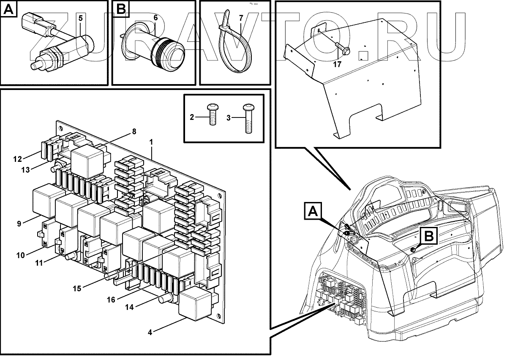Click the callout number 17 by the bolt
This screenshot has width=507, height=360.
pyautogui.click(x=337, y=65)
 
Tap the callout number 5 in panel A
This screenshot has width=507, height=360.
pyautogui.click(x=81, y=18)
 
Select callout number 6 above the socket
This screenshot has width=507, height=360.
pyautogui.click(x=155, y=18)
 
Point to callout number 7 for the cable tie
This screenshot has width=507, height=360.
pyautogui.click(x=241, y=18)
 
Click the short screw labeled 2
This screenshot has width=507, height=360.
pyautogui.click(x=213, y=115)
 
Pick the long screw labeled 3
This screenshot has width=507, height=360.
pyautogui.click(x=248, y=118)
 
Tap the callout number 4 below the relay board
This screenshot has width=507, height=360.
pyautogui.click(x=150, y=333)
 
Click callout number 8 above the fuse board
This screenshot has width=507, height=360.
pyautogui.click(x=134, y=131)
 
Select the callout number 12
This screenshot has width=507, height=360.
pyautogui.click(x=17, y=159)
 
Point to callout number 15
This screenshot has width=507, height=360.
pyautogui.click(x=77, y=289)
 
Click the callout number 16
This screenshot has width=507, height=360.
pyautogui.click(x=111, y=300)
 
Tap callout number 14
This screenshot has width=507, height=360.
pyautogui.click(x=129, y=307)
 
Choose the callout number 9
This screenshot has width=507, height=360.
pyautogui.click(x=19, y=224)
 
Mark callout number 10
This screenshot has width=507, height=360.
pyautogui.click(x=20, y=255)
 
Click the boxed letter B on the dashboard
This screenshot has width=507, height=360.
pyautogui.click(x=428, y=236)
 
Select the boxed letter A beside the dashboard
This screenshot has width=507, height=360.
pyautogui.click(x=313, y=211)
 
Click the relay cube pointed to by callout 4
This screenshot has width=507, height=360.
pyautogui.click(x=195, y=303)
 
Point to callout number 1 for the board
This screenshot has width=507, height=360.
pyautogui.click(x=151, y=142)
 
